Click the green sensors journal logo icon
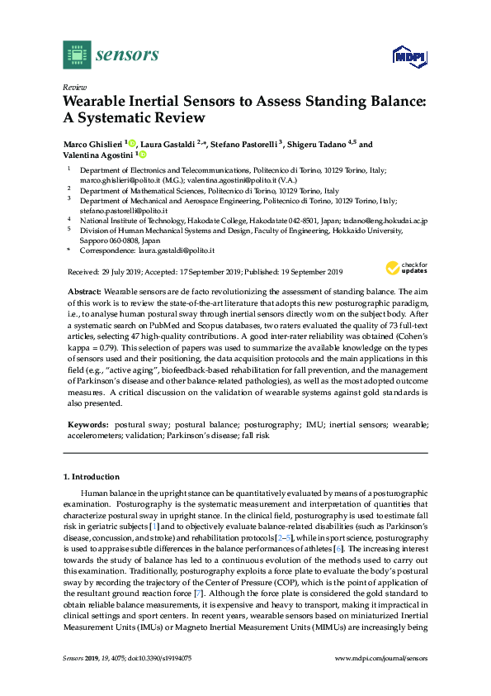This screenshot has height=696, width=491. coord(77,55)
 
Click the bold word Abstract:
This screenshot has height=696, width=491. coord(83,292)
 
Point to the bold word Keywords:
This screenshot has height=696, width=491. coord(87,424)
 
